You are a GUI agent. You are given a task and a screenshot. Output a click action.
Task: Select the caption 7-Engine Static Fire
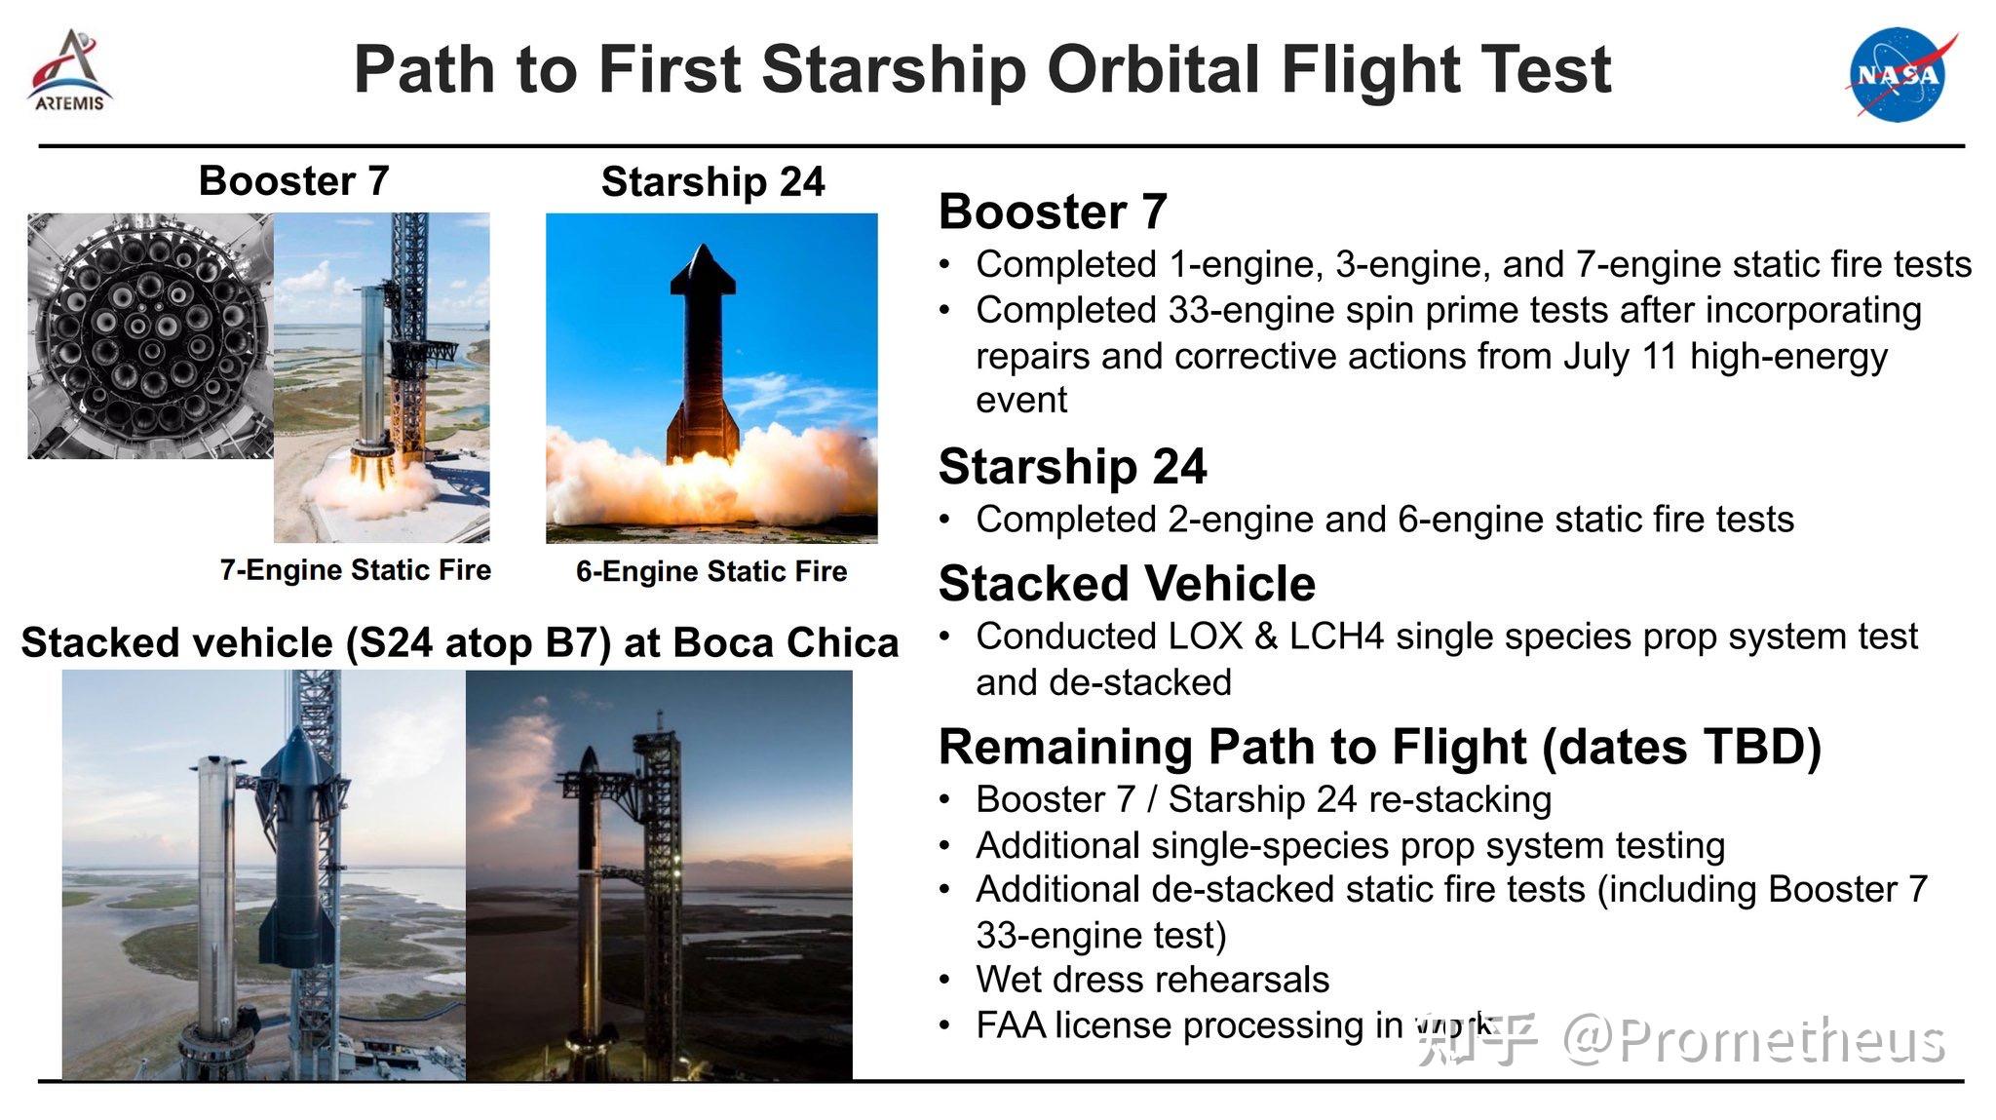point(356,570)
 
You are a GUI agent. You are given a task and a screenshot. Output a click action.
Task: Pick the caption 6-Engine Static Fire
point(711,571)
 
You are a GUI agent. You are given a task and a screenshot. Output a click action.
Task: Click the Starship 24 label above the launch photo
point(713,182)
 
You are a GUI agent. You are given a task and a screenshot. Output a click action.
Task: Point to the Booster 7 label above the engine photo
point(293,180)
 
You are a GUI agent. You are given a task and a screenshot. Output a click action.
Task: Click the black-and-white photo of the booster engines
point(151,336)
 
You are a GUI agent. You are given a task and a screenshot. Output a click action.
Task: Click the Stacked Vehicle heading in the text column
point(1127,584)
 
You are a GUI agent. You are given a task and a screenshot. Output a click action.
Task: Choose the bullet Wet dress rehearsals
point(1152,979)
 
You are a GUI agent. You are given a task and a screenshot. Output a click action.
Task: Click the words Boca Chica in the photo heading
point(786,643)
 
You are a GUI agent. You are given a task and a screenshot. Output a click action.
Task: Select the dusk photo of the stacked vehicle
point(659,874)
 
